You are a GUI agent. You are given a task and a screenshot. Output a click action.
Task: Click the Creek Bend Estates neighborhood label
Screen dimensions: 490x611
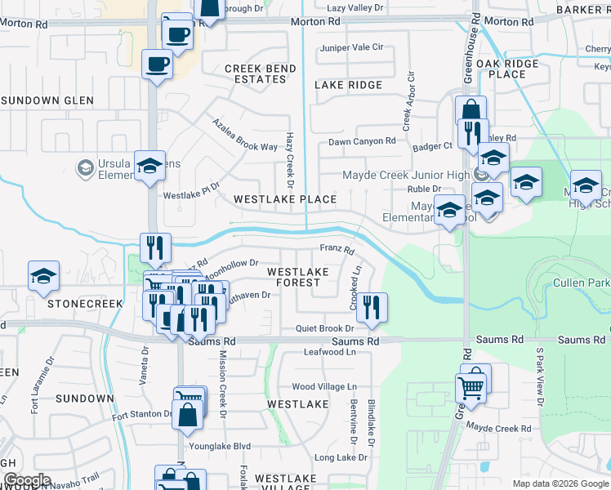coord(255,73)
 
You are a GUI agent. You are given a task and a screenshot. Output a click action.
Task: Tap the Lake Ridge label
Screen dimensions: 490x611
coord(347,85)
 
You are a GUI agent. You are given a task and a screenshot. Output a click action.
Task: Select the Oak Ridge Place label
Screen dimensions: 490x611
coord(507,69)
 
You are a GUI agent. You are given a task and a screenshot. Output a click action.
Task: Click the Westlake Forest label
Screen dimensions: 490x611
coord(298,277)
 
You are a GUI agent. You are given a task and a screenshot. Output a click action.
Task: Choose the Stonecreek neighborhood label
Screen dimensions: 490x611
coord(85,303)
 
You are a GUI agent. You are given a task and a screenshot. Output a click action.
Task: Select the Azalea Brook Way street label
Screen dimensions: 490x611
coord(244,135)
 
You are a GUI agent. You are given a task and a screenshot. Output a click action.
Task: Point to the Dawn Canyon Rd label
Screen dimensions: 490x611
coord(362,141)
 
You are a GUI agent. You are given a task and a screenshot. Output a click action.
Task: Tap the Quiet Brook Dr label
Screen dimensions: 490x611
coord(323,328)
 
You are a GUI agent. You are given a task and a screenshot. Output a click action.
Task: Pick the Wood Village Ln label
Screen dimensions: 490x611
coord(324,386)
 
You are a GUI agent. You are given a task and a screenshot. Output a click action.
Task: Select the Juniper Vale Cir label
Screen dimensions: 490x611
coord(352,47)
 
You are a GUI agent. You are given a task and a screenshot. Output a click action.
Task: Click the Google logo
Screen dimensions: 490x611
coord(26,480)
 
